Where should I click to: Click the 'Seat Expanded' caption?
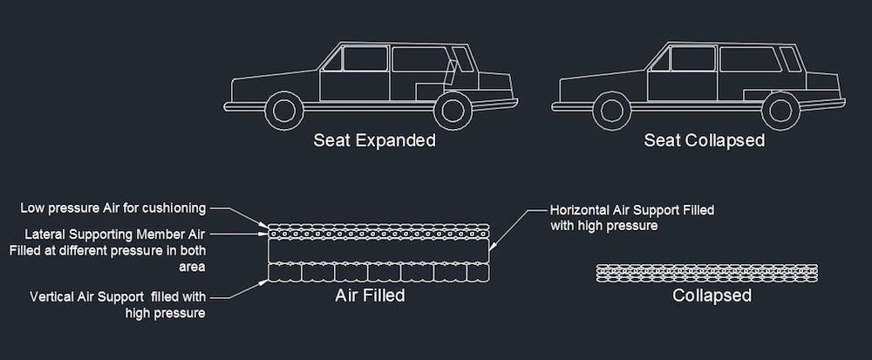[x=374, y=140]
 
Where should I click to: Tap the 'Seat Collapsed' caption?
[x=704, y=140]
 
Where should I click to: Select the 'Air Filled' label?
[x=370, y=295]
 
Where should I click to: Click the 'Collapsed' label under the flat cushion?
[x=712, y=295]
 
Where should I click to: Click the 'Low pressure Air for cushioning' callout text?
[x=113, y=207]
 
